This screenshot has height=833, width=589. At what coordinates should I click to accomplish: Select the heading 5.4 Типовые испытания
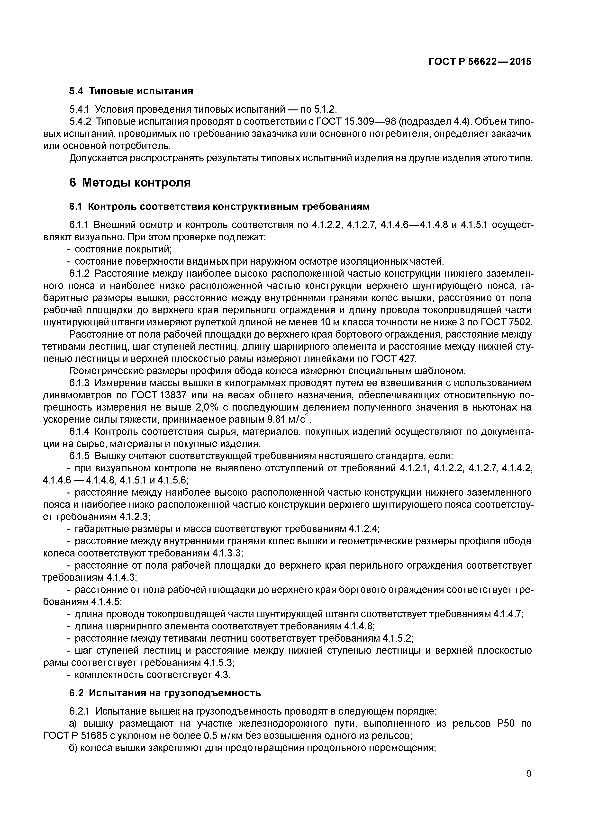(131, 91)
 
